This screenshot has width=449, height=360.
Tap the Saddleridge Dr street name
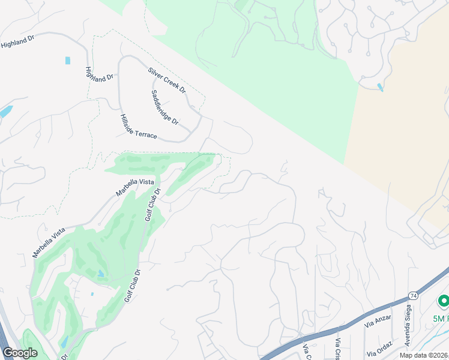tap(165, 107)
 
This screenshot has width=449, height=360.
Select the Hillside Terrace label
tap(138, 127)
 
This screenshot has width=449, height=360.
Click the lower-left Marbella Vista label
tap(49, 242)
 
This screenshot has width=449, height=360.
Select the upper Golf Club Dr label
tap(153, 205)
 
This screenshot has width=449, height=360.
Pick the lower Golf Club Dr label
tap(132, 285)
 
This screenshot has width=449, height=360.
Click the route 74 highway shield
tap(414, 296)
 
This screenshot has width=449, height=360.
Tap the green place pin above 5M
tap(444, 300)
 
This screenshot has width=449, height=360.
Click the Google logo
tap(20, 353)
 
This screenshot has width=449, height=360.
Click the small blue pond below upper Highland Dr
tap(68, 61)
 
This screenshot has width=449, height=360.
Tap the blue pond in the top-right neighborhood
tap(380, 88)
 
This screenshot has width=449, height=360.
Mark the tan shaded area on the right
tap(408, 120)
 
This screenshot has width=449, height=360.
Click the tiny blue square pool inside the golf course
tap(92, 294)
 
